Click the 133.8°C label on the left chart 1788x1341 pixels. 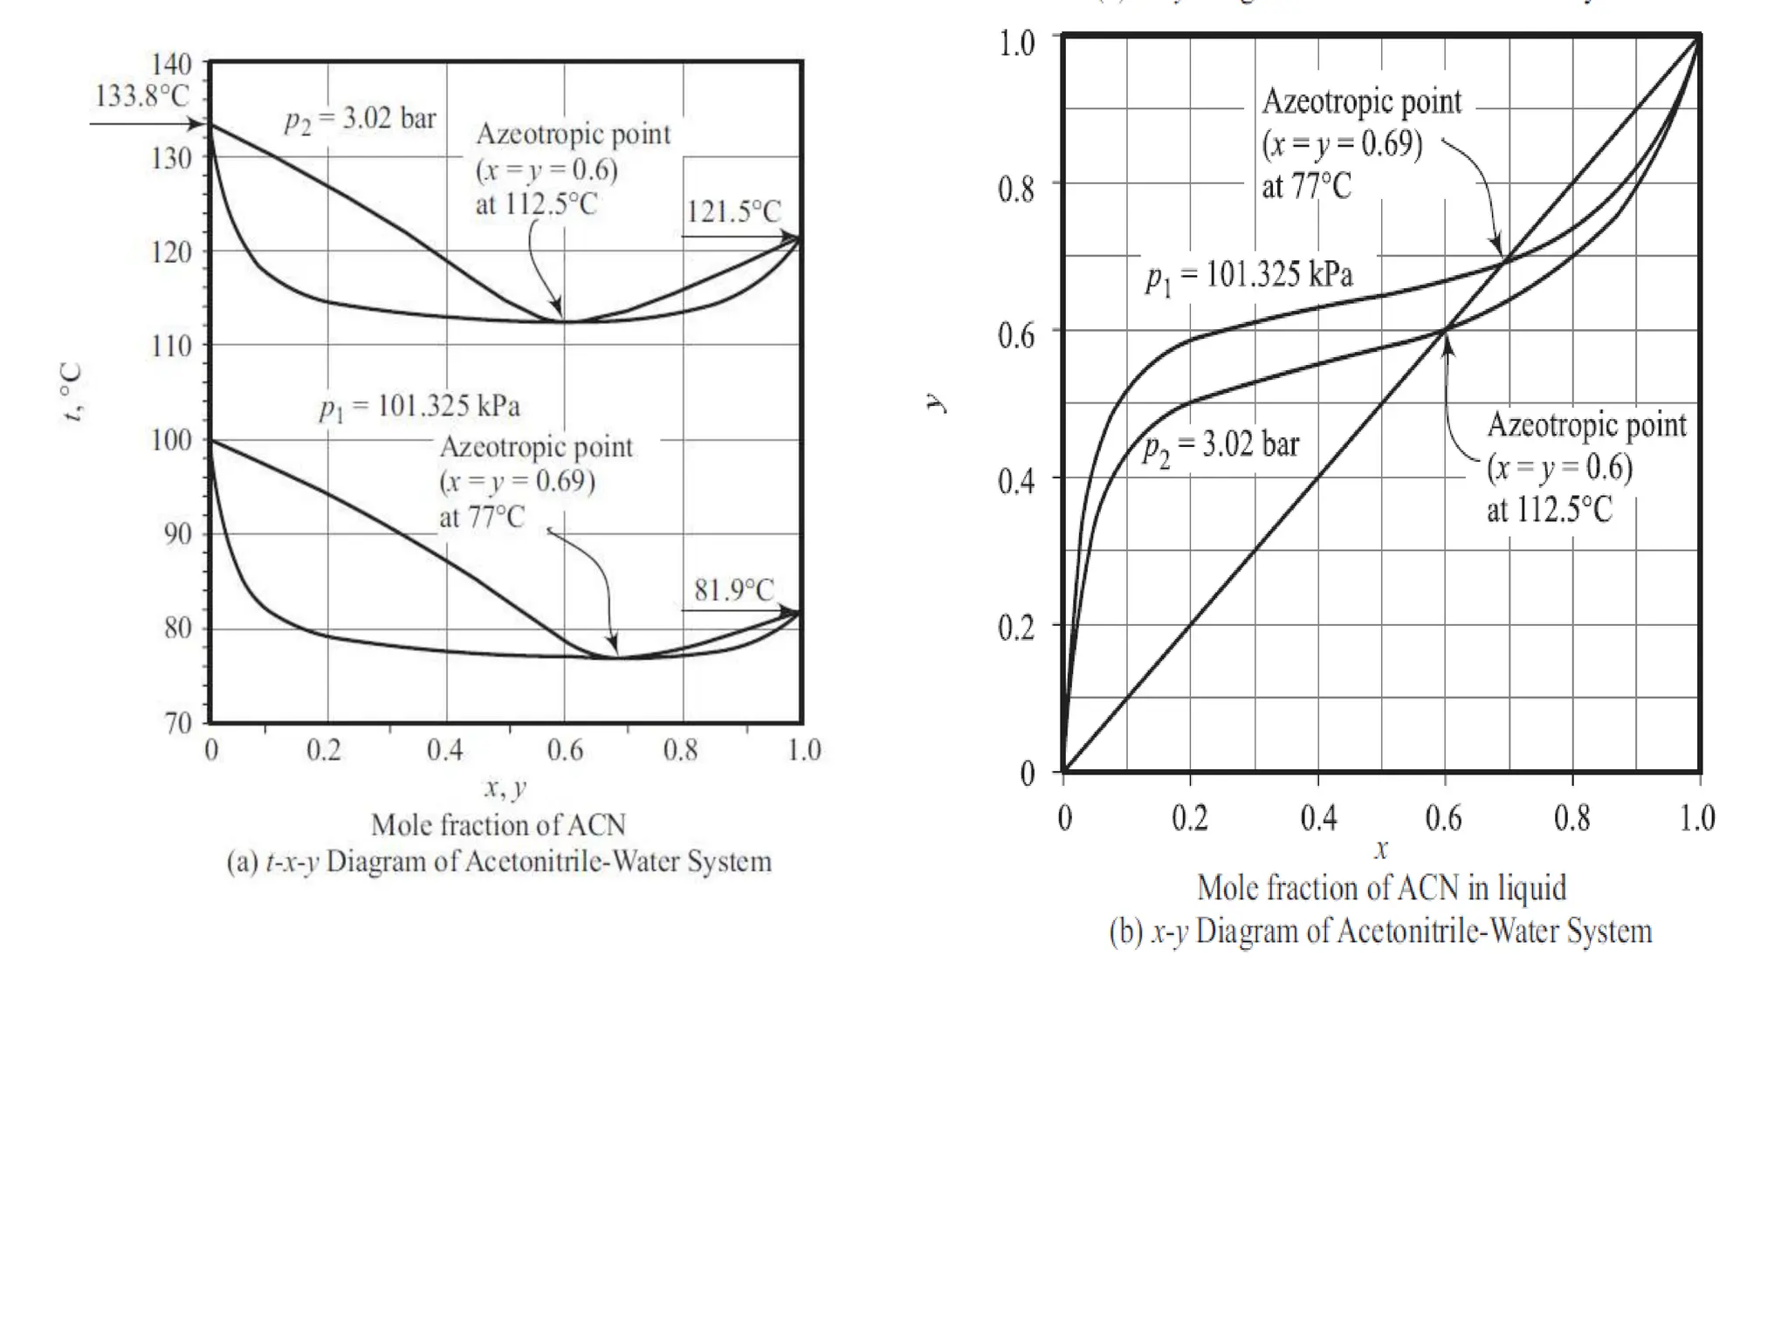click(x=141, y=95)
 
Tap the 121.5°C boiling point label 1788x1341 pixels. click(x=733, y=211)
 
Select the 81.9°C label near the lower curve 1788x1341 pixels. click(x=734, y=590)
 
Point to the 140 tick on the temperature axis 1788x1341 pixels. click(x=171, y=64)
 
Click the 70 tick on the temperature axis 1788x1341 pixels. click(x=177, y=723)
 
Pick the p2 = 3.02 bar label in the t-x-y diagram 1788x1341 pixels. click(x=360, y=120)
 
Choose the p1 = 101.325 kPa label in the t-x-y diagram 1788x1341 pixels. click(x=419, y=407)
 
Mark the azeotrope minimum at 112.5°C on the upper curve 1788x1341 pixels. click(x=563, y=322)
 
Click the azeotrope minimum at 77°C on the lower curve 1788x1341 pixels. click(x=615, y=657)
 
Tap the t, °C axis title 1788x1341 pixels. click(x=72, y=393)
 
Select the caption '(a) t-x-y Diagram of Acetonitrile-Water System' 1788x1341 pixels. click(x=499, y=862)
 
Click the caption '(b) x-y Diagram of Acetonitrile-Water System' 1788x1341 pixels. click(x=1380, y=932)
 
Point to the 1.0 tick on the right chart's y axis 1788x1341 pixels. click(x=1016, y=43)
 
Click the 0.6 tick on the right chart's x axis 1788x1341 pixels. click(x=1443, y=818)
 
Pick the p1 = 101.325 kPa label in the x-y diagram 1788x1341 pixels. click(x=1249, y=276)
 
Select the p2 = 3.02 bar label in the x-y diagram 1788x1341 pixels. click(x=1221, y=446)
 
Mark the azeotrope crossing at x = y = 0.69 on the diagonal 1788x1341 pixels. click(x=1504, y=259)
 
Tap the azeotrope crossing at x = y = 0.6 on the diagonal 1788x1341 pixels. click(x=1445, y=330)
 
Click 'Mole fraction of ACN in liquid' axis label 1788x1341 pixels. click(x=1381, y=888)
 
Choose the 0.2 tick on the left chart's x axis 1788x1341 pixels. click(x=323, y=750)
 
